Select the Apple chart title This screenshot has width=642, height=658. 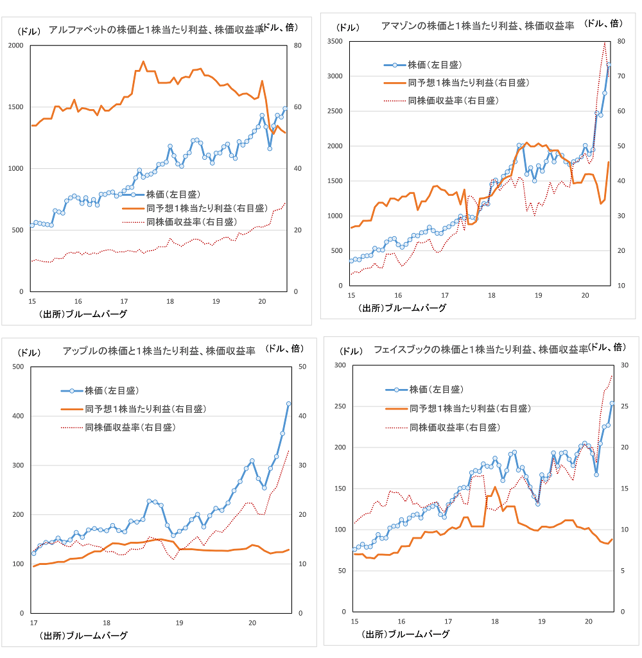(159, 351)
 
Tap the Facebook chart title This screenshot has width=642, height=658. (480, 349)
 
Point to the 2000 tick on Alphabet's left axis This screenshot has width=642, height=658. (14, 46)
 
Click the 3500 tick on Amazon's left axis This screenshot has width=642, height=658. (334, 41)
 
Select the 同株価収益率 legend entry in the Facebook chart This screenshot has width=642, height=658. (454, 427)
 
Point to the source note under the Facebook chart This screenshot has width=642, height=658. (404, 634)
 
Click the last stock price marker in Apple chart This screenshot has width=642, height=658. (288, 404)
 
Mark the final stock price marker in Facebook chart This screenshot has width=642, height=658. (612, 404)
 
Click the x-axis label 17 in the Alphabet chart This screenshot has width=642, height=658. (123, 302)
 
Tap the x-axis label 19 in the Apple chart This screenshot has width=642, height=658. (179, 623)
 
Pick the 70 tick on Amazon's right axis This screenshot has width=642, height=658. (620, 76)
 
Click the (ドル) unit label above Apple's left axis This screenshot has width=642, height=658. (29, 352)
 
